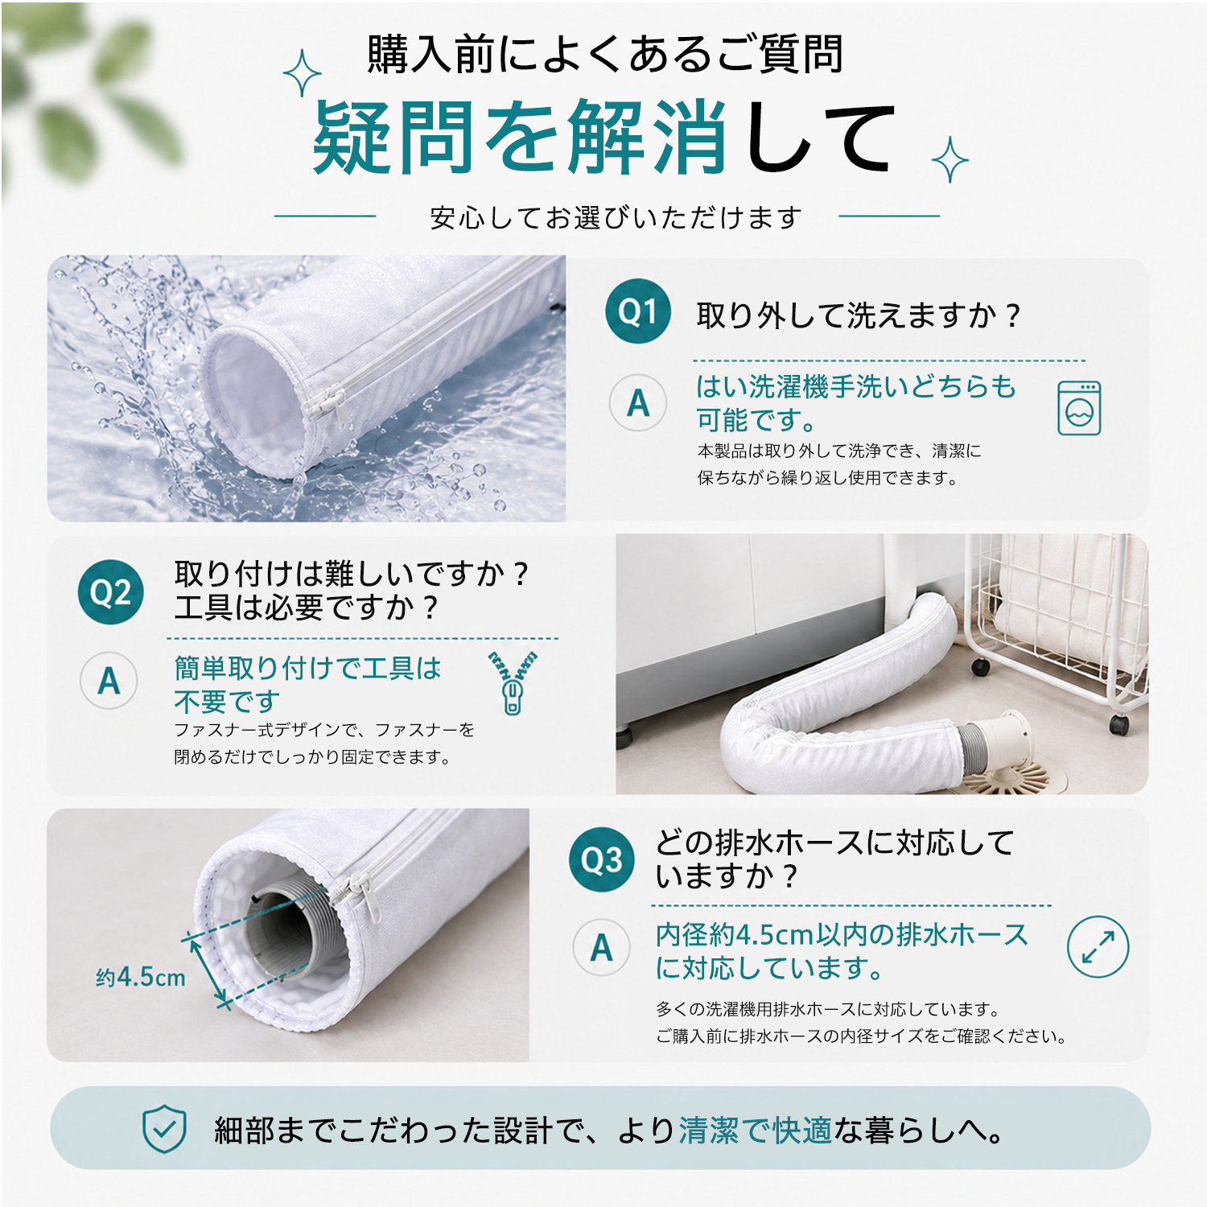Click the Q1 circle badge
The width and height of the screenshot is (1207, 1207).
[638, 311]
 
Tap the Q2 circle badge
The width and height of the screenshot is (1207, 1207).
[111, 592]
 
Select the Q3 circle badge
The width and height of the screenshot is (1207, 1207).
[602, 859]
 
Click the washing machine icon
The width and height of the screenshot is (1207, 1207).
[1079, 408]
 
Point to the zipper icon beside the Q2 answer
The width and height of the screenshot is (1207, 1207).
[513, 682]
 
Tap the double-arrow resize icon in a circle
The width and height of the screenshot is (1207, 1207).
[1098, 946]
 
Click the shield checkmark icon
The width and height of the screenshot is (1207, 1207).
[164, 1128]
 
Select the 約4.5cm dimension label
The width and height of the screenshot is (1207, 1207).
[141, 978]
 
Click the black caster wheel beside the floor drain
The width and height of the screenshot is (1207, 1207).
[1118, 723]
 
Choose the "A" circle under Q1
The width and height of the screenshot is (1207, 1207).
[638, 402]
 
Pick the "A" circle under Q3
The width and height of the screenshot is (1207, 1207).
[602, 948]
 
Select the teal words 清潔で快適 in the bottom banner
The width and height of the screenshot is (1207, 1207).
[756, 1131]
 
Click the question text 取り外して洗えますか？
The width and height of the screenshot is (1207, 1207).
[859, 315]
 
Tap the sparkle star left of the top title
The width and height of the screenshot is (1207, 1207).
[303, 73]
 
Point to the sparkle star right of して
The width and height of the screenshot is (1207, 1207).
[950, 159]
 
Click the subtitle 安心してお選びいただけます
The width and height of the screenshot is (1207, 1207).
[616, 217]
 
